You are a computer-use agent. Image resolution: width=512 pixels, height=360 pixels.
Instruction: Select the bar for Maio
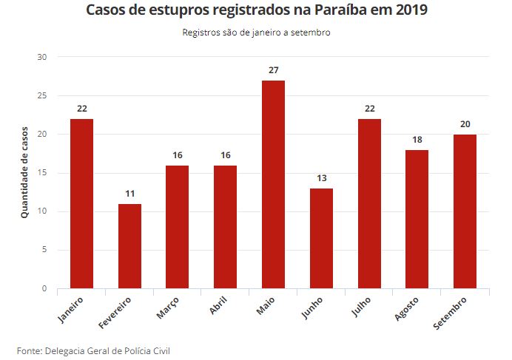click(273, 184)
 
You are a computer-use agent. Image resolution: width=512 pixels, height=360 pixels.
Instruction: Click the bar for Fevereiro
click(129, 245)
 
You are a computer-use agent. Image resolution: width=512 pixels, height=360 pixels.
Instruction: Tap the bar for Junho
click(321, 238)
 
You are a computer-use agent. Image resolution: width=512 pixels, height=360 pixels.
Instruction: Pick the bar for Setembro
click(465, 211)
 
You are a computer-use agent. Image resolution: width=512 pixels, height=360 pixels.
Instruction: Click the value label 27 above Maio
click(273, 70)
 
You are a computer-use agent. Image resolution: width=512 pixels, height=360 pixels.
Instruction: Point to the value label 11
click(129, 194)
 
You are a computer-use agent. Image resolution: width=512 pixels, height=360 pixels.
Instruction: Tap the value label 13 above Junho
click(321, 178)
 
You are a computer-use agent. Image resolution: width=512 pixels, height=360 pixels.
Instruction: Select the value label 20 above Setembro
click(465, 124)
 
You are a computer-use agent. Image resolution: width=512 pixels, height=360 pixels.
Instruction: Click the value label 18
click(417, 140)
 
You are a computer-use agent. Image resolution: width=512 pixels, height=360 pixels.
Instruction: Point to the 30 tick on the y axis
click(41, 58)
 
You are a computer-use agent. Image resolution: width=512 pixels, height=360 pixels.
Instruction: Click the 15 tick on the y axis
click(41, 173)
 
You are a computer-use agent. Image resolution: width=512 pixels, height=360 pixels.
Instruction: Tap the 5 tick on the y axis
click(44, 250)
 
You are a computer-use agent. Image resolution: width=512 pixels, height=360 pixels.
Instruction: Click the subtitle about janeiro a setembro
click(256, 33)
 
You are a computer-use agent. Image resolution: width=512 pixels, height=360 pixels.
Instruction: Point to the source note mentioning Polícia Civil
click(93, 350)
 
